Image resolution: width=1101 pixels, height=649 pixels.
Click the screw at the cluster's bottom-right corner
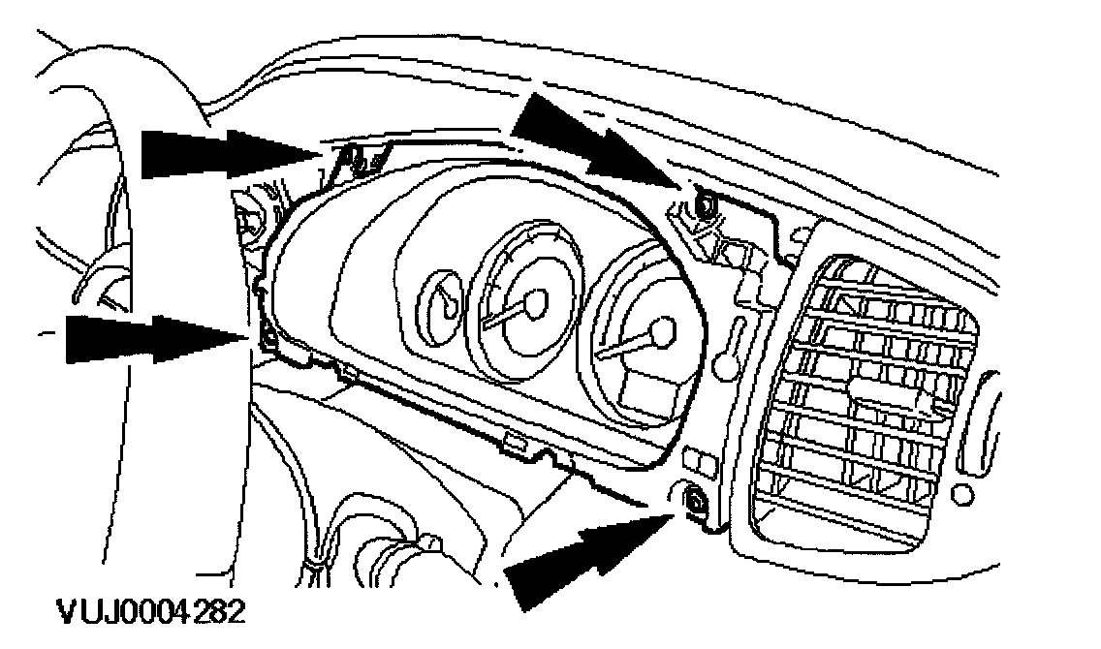695,501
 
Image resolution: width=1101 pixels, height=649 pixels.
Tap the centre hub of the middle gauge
534,302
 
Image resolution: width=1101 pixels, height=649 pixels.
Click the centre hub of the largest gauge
663,332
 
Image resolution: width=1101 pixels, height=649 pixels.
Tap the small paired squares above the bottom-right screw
701,461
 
